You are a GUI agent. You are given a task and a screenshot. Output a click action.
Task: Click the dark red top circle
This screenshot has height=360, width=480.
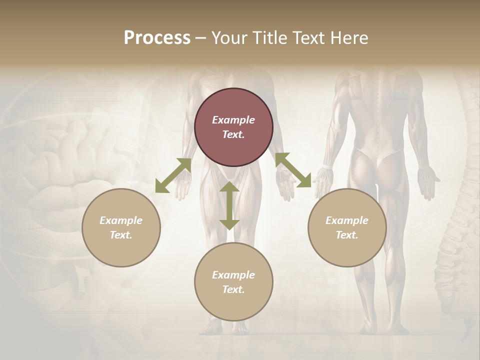[233, 127]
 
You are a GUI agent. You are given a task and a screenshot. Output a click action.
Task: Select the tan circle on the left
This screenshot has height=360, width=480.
[121, 227]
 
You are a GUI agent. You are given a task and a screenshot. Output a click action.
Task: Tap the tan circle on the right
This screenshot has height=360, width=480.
[347, 227]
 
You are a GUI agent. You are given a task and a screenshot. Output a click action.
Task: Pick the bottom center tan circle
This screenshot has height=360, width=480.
[233, 282]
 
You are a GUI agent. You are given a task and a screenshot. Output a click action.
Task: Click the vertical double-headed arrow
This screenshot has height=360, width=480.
[229, 205]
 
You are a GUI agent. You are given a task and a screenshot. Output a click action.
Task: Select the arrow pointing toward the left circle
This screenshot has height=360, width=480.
[173, 175]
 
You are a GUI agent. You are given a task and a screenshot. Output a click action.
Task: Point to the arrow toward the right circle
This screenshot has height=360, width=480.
[293, 170]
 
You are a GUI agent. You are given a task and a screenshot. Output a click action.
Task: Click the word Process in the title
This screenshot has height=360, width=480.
[157, 37]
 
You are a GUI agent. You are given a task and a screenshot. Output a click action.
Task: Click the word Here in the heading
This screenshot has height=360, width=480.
[349, 37]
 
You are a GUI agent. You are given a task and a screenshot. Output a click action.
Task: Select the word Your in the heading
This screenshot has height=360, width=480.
[228, 37]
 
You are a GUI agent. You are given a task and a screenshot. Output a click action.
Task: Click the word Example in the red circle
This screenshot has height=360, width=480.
[233, 120]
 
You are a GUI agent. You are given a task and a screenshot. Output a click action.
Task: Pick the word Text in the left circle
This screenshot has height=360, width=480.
[121, 235]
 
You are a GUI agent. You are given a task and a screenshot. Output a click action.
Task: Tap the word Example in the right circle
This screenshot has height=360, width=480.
[347, 220]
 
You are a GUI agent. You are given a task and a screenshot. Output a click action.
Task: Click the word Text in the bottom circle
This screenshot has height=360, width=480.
[233, 289]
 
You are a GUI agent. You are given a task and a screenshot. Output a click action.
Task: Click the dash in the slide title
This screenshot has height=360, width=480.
[201, 38]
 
